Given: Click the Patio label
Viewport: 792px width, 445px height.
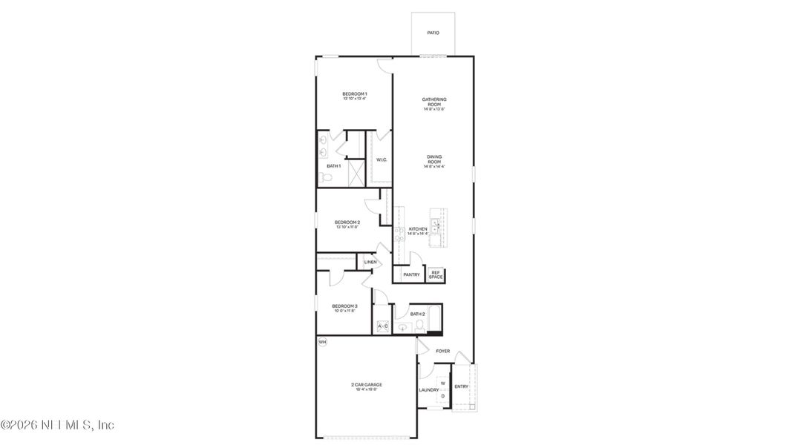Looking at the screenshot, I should point(433,33).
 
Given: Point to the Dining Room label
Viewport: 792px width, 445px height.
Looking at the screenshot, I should point(434,161).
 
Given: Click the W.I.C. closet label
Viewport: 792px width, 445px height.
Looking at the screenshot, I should point(381,159).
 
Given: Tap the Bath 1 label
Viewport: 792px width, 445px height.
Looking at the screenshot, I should point(333,166).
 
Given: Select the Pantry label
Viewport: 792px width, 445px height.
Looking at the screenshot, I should point(411,274).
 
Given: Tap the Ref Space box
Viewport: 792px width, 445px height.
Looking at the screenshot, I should point(436,274).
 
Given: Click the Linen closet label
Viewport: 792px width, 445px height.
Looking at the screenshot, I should point(370,262).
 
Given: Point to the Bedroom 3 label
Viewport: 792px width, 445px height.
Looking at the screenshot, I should point(344,308).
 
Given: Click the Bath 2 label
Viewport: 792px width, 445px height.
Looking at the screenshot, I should point(418,314).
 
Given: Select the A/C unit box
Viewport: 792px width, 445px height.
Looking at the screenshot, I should point(383,326).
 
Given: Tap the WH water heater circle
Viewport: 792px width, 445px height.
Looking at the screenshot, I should point(322,342).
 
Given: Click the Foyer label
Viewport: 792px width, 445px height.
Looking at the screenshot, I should point(442,351).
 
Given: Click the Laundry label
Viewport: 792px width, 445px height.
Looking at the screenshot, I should point(428,390).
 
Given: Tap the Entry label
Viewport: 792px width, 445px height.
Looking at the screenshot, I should point(461,386).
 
